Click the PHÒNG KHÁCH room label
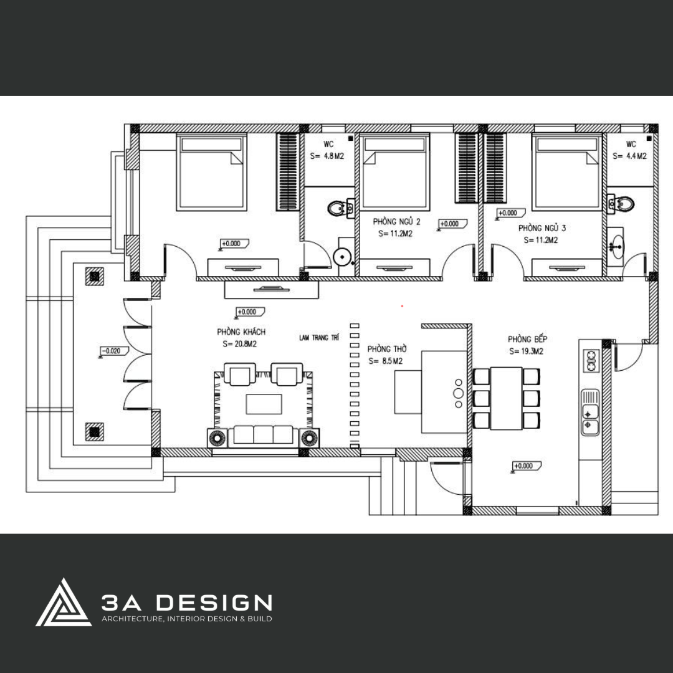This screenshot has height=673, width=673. (241, 332)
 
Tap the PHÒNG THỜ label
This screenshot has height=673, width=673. (387, 349)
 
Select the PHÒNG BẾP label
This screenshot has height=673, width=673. (528, 339)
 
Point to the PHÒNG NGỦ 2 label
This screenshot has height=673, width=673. (396, 221)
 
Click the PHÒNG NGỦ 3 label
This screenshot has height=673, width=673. (542, 228)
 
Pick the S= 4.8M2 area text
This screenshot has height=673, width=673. (327, 156)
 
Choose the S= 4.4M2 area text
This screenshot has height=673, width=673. (629, 156)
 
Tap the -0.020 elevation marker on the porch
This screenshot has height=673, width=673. (114, 351)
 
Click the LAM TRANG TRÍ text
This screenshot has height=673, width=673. (319, 338)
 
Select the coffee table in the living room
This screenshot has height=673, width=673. (264, 404)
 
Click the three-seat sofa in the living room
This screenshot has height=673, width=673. (263, 435)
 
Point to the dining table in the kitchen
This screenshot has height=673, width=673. (507, 398)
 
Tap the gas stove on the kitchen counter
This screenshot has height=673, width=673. (591, 361)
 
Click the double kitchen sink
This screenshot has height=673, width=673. (589, 412)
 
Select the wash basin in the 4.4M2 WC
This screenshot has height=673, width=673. (616, 247)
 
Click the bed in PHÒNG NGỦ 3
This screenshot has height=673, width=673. (566, 172)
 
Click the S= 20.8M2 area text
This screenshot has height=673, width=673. (239, 344)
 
